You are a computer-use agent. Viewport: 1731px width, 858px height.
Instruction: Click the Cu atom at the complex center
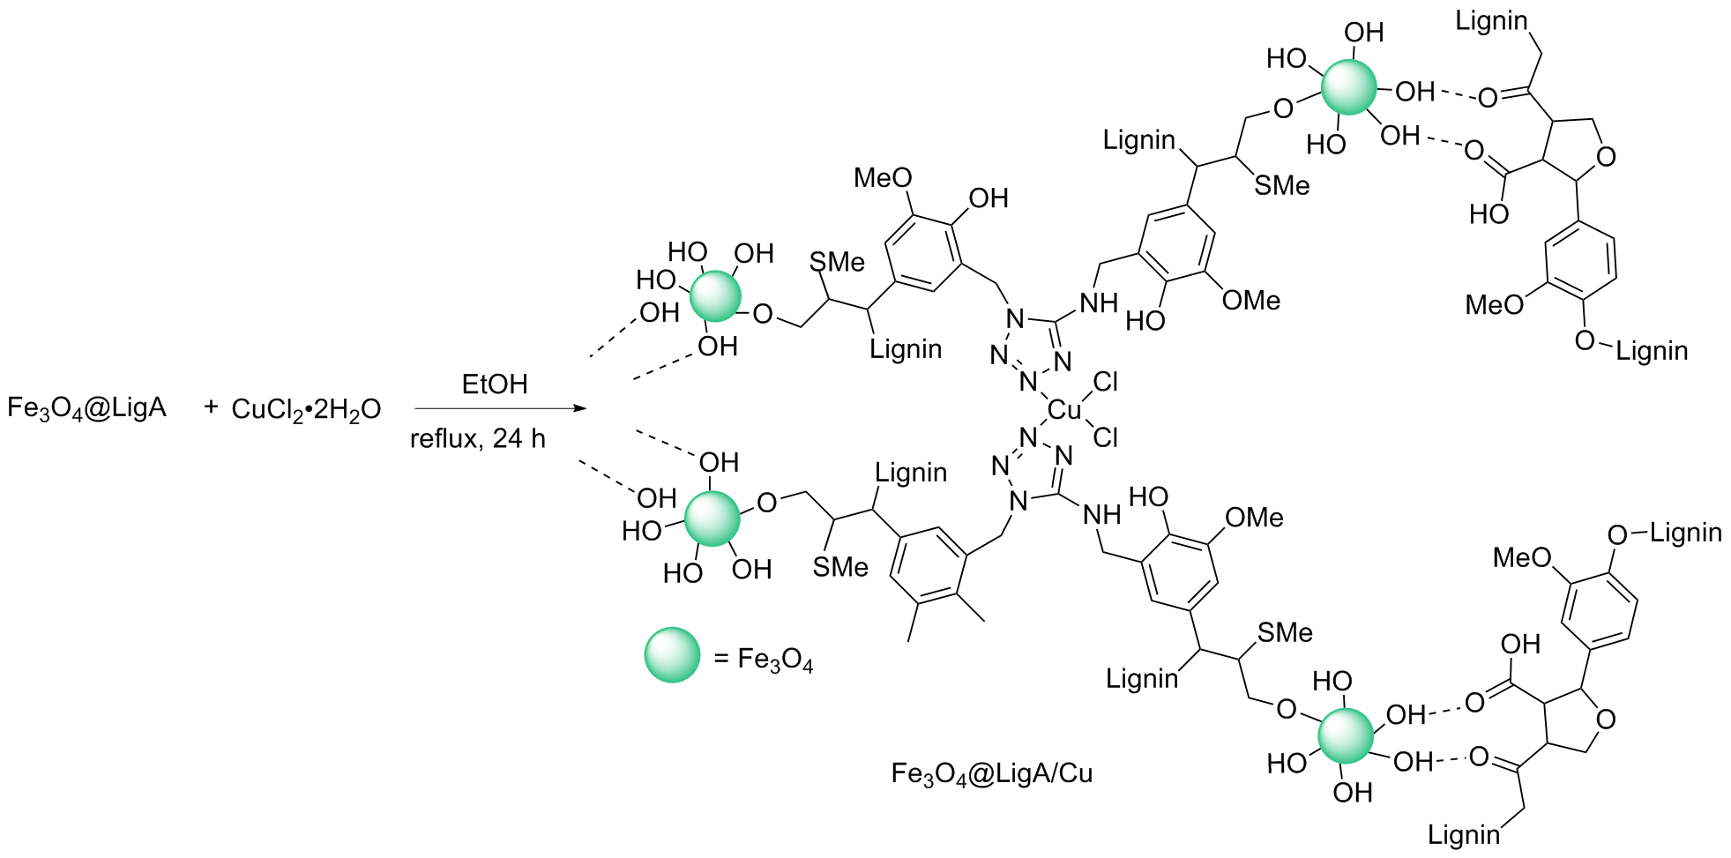pyautogui.click(x=1064, y=410)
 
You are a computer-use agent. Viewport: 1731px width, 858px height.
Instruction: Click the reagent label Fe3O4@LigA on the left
pyautogui.click(x=86, y=408)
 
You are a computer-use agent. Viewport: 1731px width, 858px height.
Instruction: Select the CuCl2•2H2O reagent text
pyautogui.click(x=305, y=409)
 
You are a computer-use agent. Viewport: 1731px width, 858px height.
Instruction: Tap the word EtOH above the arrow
pyautogui.click(x=494, y=384)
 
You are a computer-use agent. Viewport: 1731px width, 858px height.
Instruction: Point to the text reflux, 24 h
pyautogui.click(x=477, y=438)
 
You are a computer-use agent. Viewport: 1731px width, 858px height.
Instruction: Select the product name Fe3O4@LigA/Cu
pyautogui.click(x=991, y=773)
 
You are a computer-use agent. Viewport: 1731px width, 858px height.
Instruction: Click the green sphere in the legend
pyautogui.click(x=672, y=654)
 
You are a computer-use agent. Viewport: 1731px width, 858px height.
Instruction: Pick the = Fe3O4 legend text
pyautogui.click(x=763, y=660)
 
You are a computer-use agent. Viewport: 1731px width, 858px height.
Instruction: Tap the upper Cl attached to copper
pyautogui.click(x=1105, y=382)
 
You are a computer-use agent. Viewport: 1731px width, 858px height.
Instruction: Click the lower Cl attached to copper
pyautogui.click(x=1105, y=437)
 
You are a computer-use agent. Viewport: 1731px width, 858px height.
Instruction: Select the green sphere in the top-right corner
pyautogui.click(x=1348, y=87)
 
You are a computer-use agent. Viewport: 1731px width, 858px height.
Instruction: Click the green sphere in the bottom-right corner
pyautogui.click(x=1346, y=735)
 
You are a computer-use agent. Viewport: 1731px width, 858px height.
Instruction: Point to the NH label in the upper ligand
pyautogui.click(x=1099, y=303)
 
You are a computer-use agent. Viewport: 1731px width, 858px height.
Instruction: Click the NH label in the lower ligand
pyautogui.click(x=1101, y=515)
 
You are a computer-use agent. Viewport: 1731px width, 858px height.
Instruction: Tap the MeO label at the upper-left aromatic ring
pyautogui.click(x=882, y=178)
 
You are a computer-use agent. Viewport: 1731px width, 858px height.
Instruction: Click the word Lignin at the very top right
pyautogui.click(x=1490, y=21)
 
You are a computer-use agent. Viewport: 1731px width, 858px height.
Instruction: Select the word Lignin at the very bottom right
pyautogui.click(x=1463, y=834)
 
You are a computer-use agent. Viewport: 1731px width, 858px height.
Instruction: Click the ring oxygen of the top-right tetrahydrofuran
pyautogui.click(x=1606, y=157)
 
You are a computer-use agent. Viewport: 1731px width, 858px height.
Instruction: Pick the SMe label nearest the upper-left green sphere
pyautogui.click(x=836, y=262)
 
